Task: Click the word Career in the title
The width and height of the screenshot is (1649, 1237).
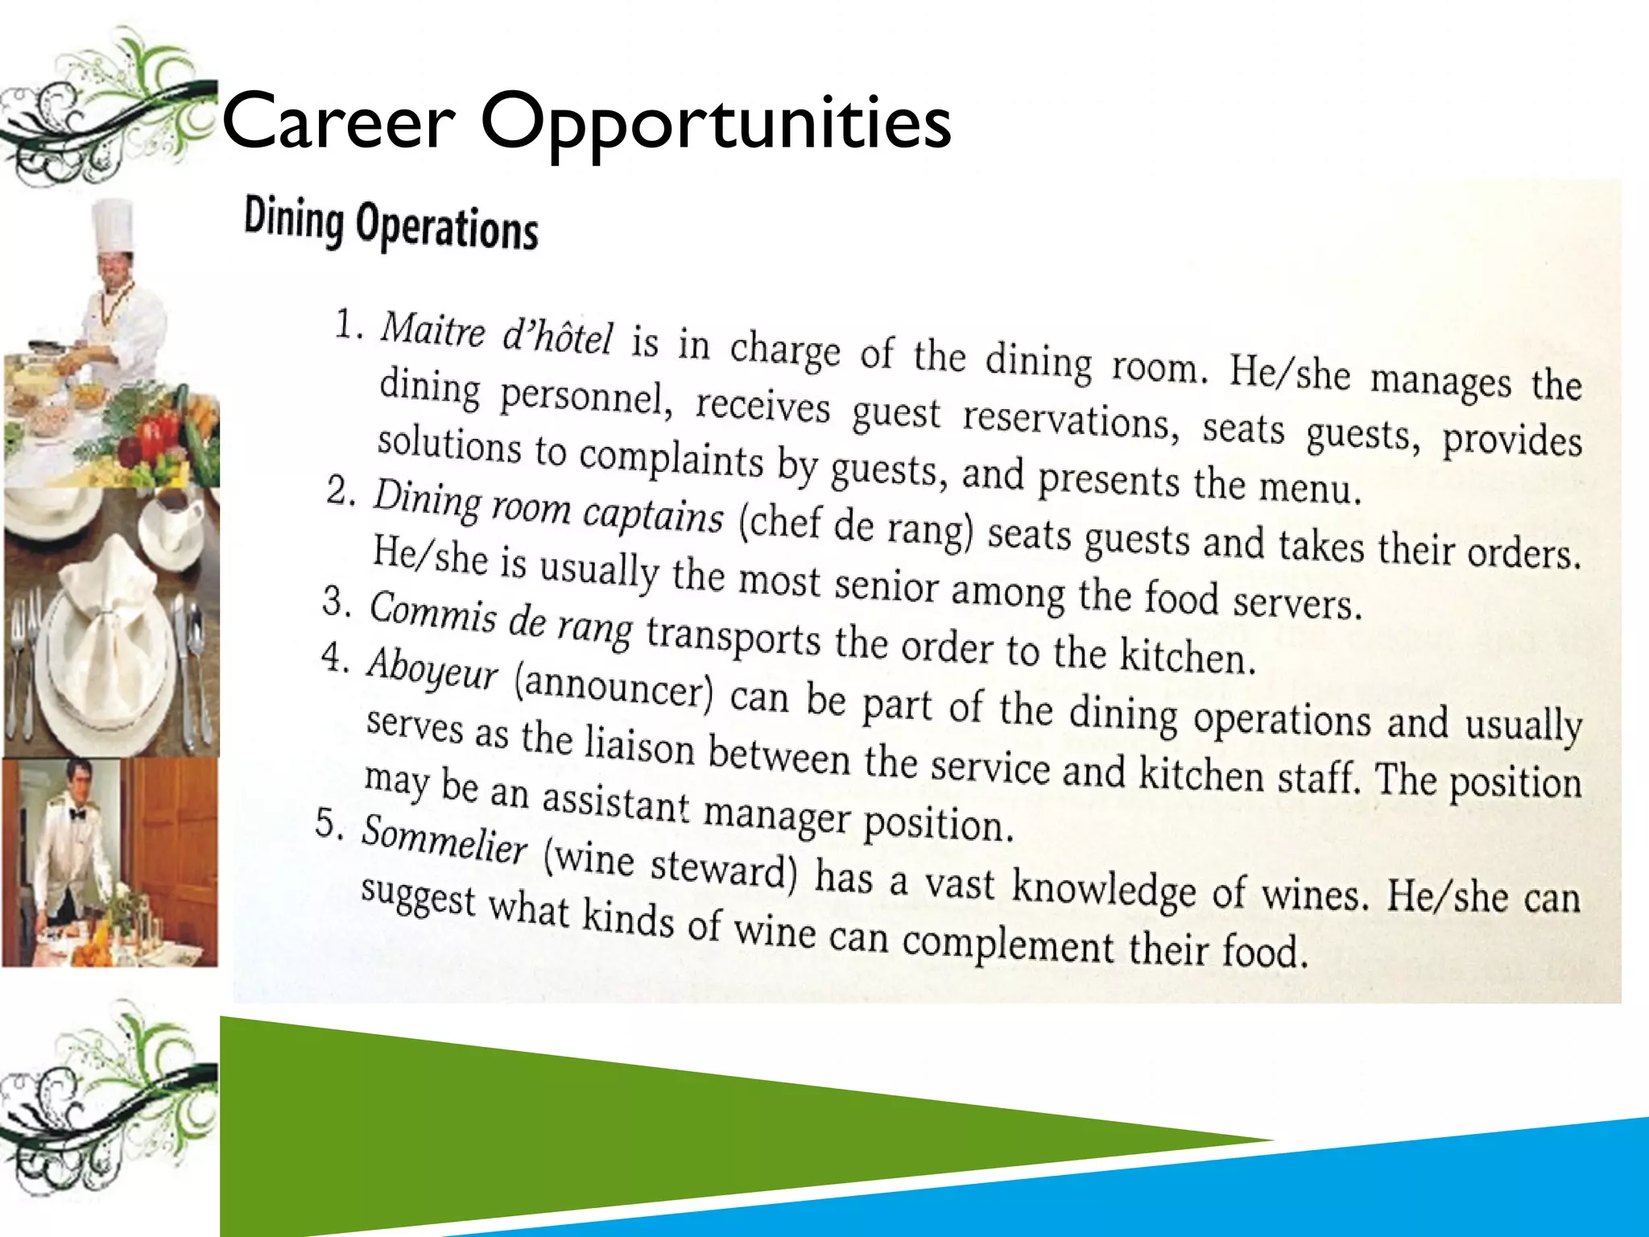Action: coord(338,122)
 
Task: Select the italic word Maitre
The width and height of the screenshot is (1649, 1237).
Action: coord(432,329)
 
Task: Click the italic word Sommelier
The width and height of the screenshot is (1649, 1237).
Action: coord(444,839)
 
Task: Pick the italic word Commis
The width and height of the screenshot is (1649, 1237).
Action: coord(432,612)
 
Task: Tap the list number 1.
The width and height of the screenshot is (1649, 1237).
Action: coord(348,325)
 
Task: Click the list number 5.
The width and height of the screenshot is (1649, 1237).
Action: coord(329,823)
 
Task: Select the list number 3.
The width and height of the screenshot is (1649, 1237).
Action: coord(336,600)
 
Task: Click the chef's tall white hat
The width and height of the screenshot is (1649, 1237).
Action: coord(113,225)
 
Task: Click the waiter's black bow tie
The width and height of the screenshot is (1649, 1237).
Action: coord(77,814)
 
